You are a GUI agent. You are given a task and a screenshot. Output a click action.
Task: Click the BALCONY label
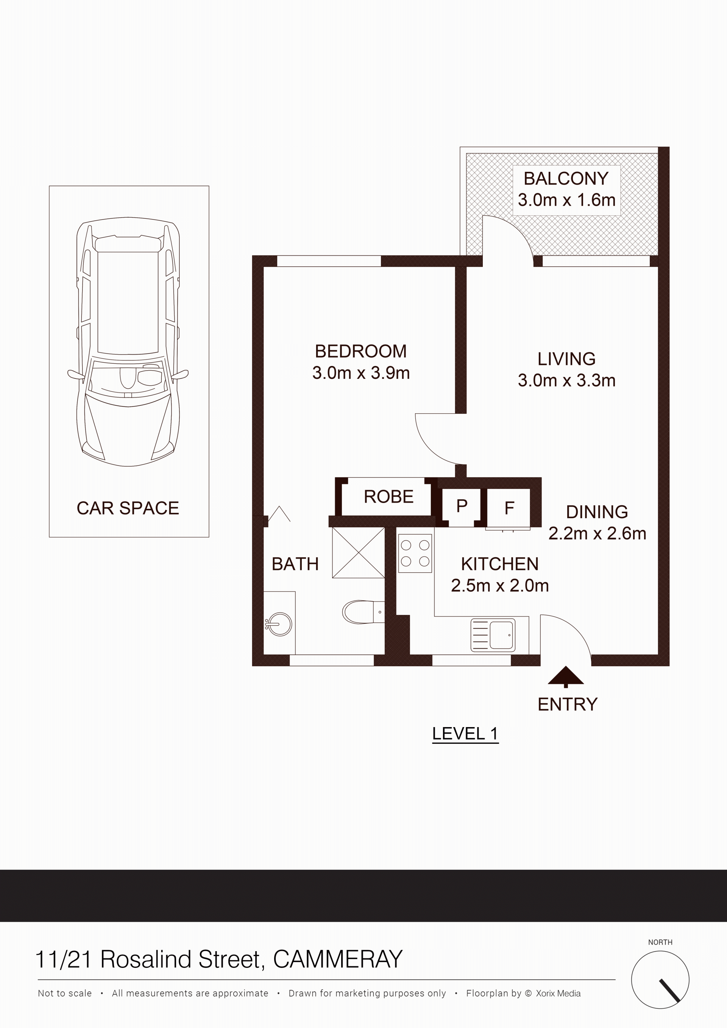tap(566, 179)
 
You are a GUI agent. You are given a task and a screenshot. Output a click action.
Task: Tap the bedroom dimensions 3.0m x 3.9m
tap(361, 373)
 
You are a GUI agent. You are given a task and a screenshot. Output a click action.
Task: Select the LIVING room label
tap(566, 359)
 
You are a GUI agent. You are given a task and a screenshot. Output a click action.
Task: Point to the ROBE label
tap(388, 497)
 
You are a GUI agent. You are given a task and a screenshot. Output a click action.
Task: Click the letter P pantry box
tap(462, 506)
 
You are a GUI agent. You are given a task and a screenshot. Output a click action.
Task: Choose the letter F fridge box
tap(509, 508)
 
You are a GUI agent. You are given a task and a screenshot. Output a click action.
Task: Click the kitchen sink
tap(493, 634)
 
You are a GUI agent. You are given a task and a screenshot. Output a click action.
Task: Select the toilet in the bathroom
tap(363, 612)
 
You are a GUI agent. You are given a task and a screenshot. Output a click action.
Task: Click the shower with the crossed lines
tap(358, 553)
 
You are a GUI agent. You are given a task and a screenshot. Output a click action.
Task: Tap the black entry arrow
tap(566, 676)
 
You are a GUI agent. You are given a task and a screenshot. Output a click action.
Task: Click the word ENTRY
tap(568, 704)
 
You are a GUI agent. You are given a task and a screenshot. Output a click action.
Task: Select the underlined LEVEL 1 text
tap(465, 734)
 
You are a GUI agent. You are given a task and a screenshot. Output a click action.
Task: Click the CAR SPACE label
tap(128, 508)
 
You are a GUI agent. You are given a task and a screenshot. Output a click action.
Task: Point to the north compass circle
tap(660, 980)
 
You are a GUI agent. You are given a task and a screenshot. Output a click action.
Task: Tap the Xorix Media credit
tap(558, 993)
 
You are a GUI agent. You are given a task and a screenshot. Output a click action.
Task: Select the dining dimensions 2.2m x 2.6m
tap(597, 534)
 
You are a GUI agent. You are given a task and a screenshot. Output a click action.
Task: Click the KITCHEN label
tap(499, 564)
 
